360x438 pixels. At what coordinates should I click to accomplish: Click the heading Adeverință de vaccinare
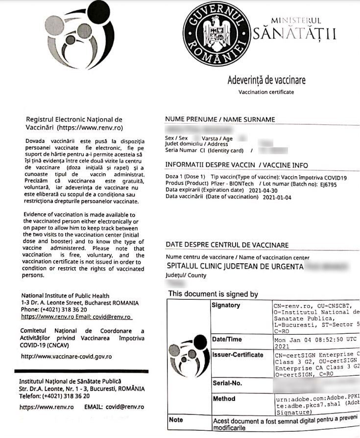(266, 80)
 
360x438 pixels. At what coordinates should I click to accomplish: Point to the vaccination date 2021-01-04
(278, 197)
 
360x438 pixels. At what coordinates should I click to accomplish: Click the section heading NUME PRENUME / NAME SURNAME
(220, 119)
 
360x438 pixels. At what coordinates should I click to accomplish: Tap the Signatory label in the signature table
(226, 306)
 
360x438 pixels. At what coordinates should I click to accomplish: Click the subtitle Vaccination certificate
(266, 92)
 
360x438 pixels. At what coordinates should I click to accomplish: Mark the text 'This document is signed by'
(213, 294)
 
